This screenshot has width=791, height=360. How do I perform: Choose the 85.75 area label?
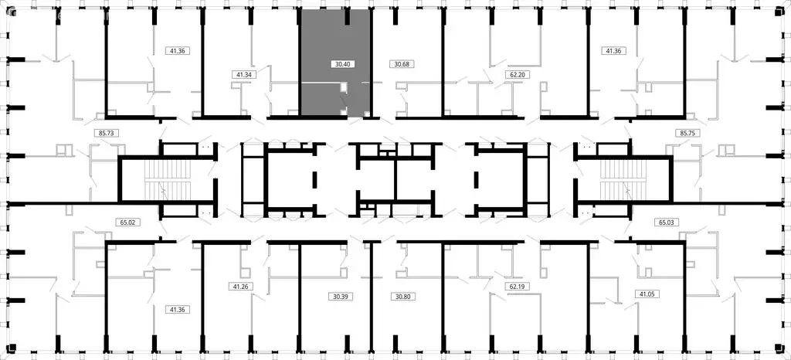[686, 133]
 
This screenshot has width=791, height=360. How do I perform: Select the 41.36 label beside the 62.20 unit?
[613, 51]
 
